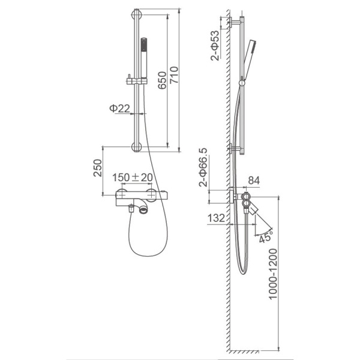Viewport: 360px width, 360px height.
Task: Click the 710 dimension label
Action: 174,75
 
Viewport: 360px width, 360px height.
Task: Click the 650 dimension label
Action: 162,80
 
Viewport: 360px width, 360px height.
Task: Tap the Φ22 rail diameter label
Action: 119,108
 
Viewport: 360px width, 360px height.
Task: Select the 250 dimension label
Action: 98,168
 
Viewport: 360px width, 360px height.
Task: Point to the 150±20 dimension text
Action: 133,177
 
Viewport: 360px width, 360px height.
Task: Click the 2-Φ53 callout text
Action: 215,46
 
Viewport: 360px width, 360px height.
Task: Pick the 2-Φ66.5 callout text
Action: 203,167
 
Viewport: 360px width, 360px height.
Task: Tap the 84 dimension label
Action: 254,181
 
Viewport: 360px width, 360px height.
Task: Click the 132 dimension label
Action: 216,218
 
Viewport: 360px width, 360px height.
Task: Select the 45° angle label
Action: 266,237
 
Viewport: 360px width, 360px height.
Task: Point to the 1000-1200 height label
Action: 273,274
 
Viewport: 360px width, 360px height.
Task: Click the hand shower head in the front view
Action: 144,58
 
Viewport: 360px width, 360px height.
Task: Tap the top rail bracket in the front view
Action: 137,15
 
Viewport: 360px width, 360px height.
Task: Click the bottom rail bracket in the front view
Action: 137,147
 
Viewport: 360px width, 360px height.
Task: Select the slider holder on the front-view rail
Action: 137,80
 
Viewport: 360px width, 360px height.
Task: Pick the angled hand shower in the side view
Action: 248,60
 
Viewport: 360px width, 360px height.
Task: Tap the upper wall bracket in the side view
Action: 234,22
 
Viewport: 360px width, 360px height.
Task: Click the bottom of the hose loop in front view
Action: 148,256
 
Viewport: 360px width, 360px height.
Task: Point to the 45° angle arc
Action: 264,232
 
